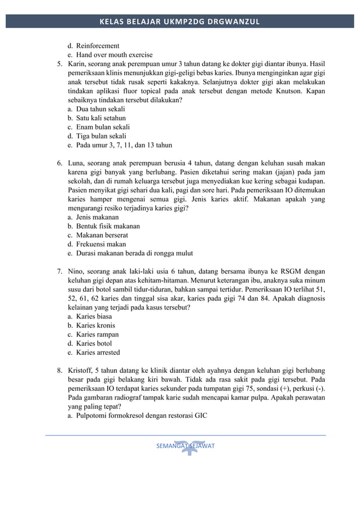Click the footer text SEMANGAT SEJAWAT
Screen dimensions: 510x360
tap(185, 446)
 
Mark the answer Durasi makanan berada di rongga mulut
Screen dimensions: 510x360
tap(134, 253)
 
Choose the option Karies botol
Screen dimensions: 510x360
tap(94, 343)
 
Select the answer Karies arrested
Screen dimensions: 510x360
tap(98, 352)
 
